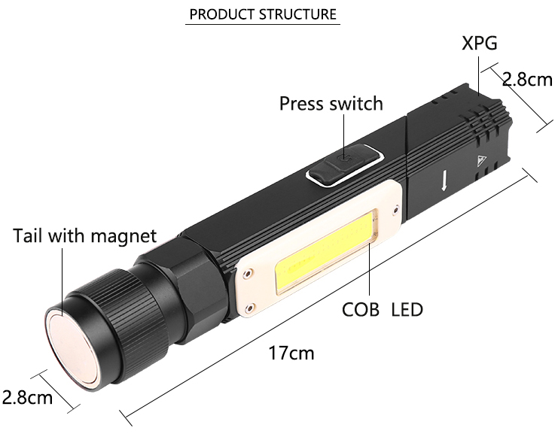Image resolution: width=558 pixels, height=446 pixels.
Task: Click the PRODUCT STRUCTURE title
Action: point(263,14)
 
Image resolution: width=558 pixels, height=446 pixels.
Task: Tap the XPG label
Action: point(480,44)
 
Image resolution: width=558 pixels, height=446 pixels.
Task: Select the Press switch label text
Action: point(331,104)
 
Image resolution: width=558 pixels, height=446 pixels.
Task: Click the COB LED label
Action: point(383,310)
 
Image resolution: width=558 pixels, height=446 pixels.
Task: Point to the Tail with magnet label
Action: point(84,236)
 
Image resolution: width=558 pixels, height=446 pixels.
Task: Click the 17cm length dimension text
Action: point(291,353)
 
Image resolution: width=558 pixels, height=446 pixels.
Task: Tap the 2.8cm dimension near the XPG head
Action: point(527,79)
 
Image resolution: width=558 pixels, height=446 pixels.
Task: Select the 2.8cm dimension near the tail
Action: point(27,396)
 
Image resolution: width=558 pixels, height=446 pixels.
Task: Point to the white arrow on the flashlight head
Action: point(444,181)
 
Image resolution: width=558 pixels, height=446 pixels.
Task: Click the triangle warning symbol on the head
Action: point(481,161)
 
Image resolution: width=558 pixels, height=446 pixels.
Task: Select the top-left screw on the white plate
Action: point(246,274)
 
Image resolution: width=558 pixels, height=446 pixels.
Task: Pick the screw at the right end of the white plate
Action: point(395,210)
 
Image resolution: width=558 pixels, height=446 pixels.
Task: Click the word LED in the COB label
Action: point(407,310)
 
